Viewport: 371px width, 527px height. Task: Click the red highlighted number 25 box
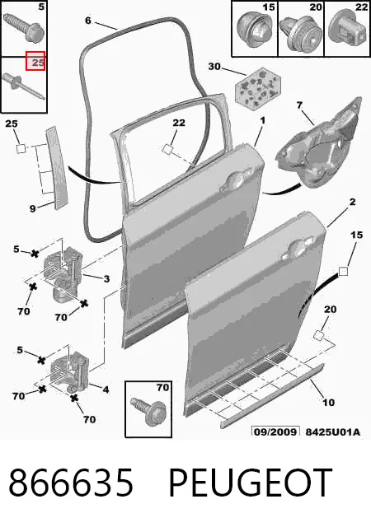point(35,61)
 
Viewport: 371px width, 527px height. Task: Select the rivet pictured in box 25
point(23,86)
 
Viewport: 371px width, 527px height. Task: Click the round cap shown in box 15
point(254,30)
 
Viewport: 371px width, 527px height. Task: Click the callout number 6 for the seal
point(88,21)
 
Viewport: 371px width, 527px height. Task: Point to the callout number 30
point(214,66)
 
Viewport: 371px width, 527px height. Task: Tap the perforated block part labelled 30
point(258,87)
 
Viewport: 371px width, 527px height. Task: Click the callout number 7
point(299,105)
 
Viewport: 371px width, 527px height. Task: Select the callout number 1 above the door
point(263,120)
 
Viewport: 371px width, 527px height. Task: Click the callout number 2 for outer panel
point(352,202)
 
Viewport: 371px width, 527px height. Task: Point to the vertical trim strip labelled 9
point(57,167)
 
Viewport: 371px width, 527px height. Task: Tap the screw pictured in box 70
point(148,411)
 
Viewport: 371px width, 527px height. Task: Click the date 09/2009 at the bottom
point(275,431)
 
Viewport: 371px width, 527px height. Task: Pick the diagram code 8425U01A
point(332,431)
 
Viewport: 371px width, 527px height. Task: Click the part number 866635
point(71,483)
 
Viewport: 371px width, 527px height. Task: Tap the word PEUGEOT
point(250,483)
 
